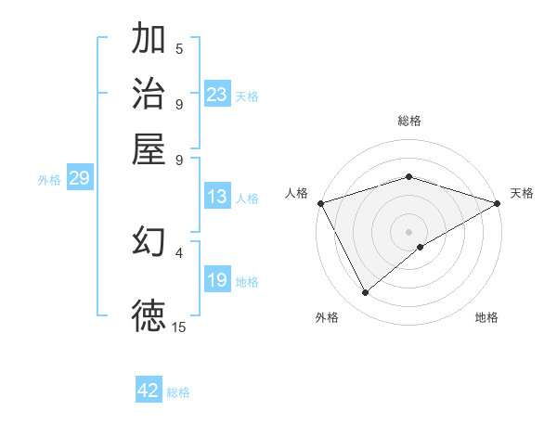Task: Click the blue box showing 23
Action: pyautogui.click(x=217, y=95)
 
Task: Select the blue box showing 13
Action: pyautogui.click(x=217, y=197)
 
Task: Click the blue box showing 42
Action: pyautogui.click(x=149, y=391)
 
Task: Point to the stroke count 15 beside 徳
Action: pyautogui.click(x=179, y=327)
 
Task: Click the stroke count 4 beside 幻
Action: pyautogui.click(x=179, y=251)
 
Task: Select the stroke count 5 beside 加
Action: pyautogui.click(x=179, y=49)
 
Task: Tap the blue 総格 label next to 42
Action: pyautogui.click(x=178, y=392)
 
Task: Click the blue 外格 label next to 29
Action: pyautogui.click(x=49, y=180)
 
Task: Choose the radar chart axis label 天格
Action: pyautogui.click(x=522, y=193)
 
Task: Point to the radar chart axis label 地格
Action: pyautogui.click(x=486, y=317)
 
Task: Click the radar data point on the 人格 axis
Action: pyautogui.click(x=320, y=203)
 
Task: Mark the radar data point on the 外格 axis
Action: pyautogui.click(x=366, y=293)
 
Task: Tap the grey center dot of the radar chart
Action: pyautogui.click(x=408, y=231)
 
